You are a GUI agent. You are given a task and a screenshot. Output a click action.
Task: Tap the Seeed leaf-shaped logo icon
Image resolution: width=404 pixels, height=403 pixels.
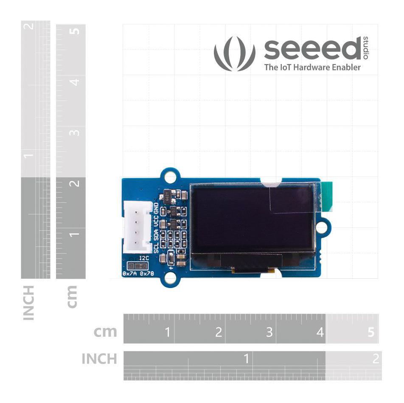pyautogui.click(x=235, y=53)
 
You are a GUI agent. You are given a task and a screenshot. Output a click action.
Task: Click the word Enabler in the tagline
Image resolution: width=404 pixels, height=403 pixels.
pyautogui.click(x=345, y=67)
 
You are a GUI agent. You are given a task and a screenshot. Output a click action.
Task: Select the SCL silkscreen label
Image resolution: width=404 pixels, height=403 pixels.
pyautogui.click(x=156, y=248)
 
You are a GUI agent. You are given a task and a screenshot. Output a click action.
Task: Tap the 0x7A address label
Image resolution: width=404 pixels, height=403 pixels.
pyautogui.click(x=129, y=274)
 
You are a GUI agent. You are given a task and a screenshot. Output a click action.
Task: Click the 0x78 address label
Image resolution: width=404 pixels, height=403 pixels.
pyautogui.click(x=147, y=274)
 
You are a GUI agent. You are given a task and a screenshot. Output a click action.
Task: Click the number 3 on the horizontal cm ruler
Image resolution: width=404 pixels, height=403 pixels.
pyautogui.click(x=269, y=332)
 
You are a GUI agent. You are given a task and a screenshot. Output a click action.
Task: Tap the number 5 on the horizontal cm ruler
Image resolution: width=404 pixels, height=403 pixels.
pyautogui.click(x=371, y=332)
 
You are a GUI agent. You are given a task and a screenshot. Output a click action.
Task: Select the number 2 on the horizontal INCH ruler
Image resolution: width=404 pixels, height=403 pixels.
pyautogui.click(x=375, y=359)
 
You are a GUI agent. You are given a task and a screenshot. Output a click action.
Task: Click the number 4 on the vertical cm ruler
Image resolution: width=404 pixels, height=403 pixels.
pyautogui.click(x=75, y=81)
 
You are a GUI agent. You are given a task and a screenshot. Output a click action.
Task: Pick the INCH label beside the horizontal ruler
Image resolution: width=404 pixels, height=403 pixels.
pyautogui.click(x=99, y=359)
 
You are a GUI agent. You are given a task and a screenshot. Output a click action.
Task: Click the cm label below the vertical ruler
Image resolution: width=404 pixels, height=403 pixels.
pyautogui.click(x=72, y=296)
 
